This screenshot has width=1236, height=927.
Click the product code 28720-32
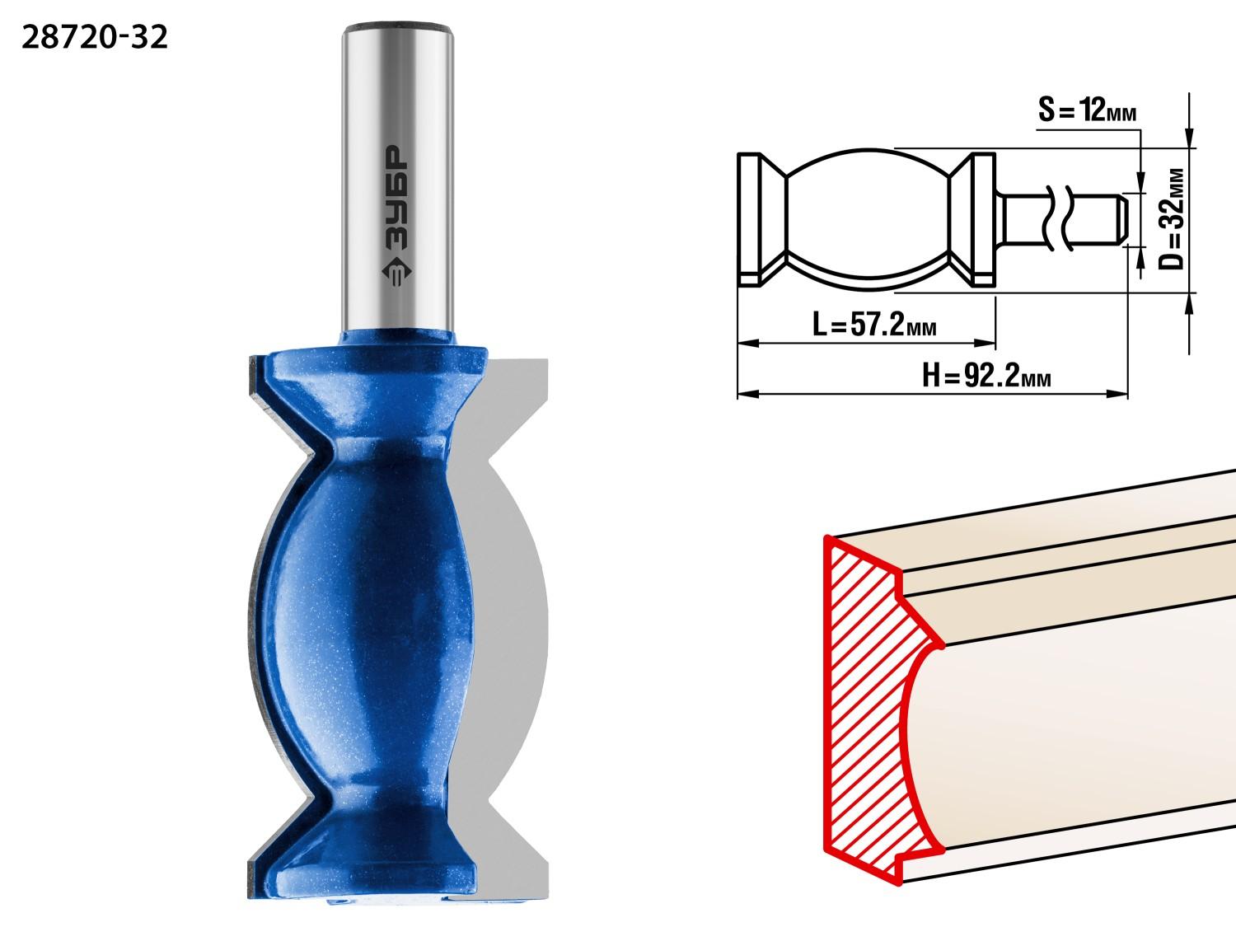pyautogui.click(x=95, y=38)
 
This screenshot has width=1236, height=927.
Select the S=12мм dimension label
pyautogui.click(x=1088, y=110)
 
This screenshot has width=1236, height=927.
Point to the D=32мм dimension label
pyautogui.click(x=1171, y=219)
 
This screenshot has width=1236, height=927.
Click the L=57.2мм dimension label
pyautogui.click(x=874, y=324)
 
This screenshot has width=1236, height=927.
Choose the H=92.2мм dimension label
pyautogui.click(x=986, y=375)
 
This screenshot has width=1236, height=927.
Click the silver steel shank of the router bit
pyautogui.click(x=398, y=180)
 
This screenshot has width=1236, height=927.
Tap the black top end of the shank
pyautogui.click(x=398, y=26)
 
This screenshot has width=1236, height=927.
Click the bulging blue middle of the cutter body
pyautogui.click(x=366, y=614)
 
